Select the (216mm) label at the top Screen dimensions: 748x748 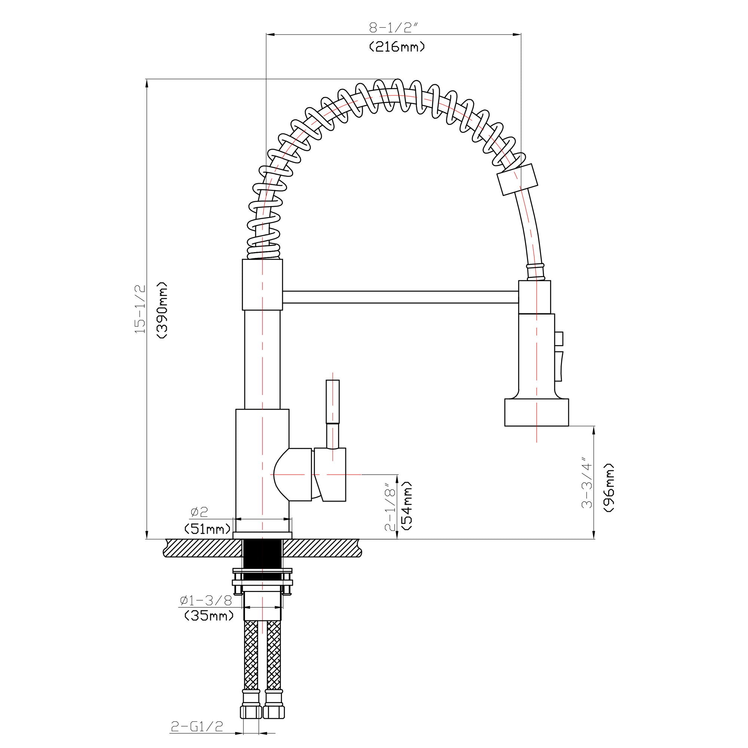click(396, 47)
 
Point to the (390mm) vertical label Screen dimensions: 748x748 click(162, 310)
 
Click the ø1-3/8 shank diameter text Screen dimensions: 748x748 click(206, 601)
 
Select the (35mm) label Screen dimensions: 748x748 click(209, 615)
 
